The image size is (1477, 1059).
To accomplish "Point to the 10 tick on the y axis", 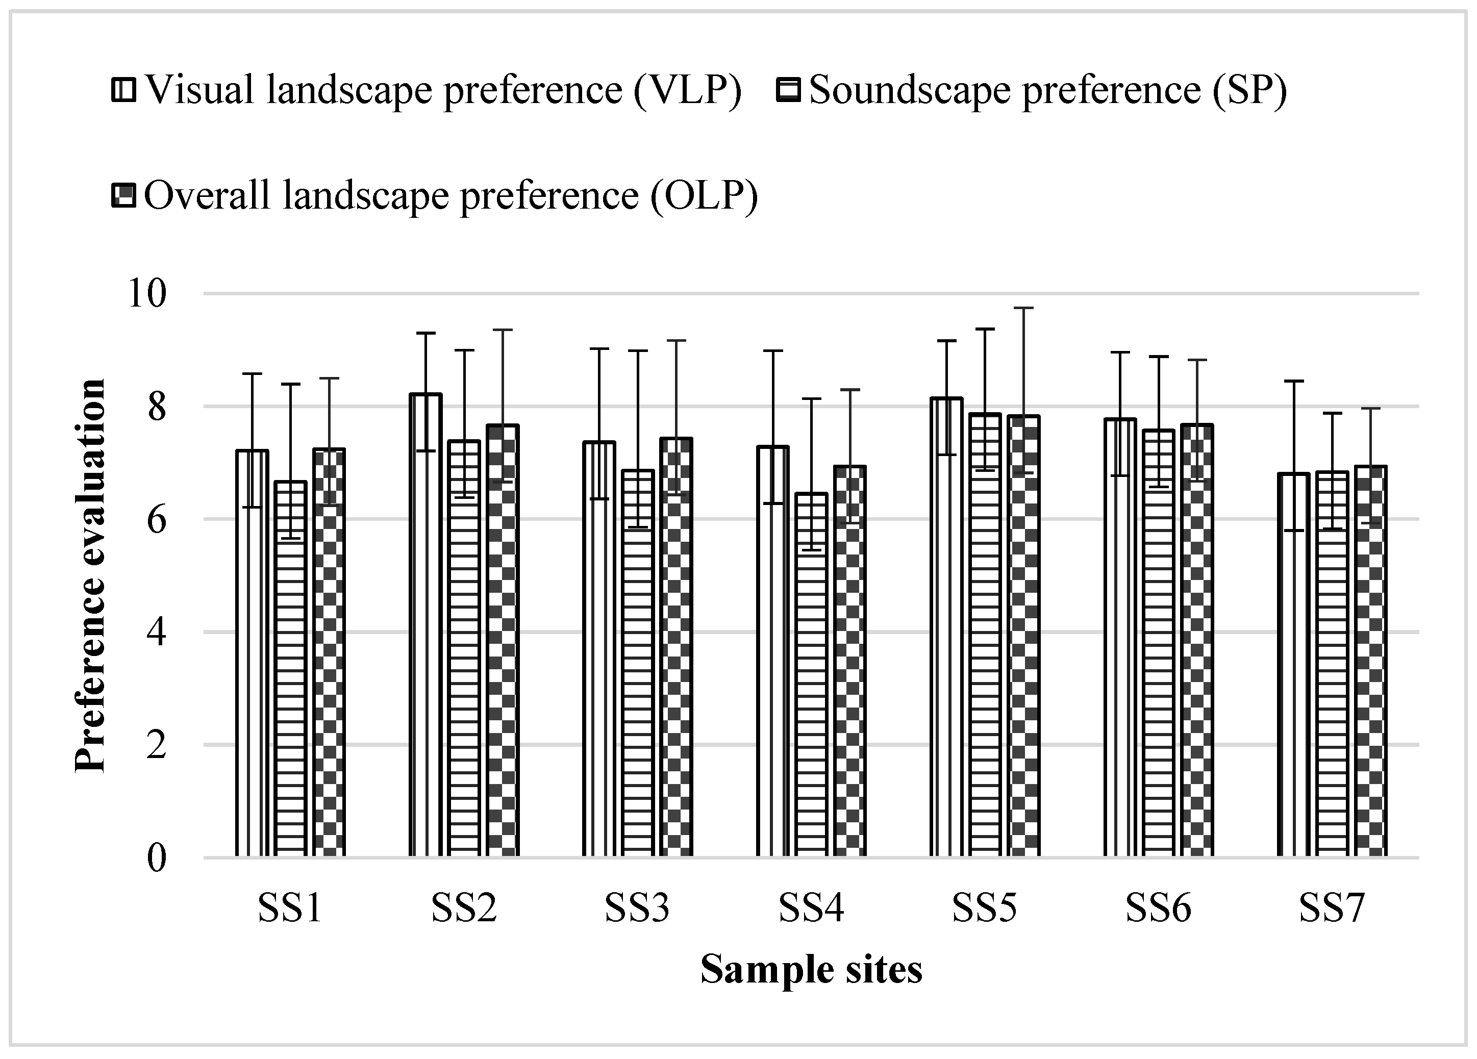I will point(147,294).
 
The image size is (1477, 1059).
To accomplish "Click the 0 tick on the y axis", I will point(156,858).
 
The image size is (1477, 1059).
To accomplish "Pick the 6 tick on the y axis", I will point(156,520).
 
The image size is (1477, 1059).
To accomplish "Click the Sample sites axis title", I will point(811,969).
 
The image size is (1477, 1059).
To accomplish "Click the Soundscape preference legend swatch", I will point(789,90).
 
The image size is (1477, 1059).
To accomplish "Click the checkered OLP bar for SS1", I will point(329,651).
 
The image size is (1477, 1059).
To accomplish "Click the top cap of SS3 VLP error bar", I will point(599,349).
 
